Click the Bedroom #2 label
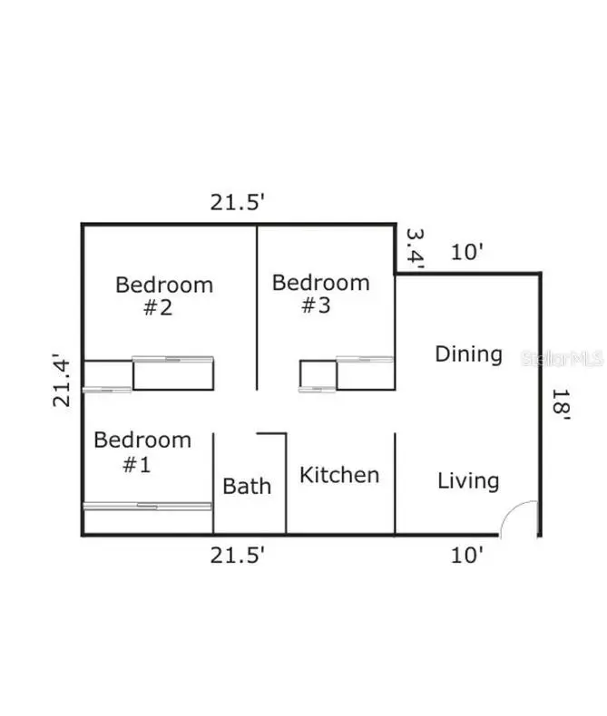click(x=164, y=295)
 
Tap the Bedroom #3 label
click(x=321, y=294)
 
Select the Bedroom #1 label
click(x=142, y=451)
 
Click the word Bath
click(x=247, y=486)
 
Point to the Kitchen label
click(x=339, y=475)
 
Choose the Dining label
click(x=468, y=354)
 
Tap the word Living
click(x=468, y=481)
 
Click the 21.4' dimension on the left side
click(x=62, y=380)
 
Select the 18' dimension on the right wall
click(x=561, y=404)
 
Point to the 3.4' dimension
click(x=416, y=248)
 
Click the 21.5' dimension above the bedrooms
click(x=237, y=202)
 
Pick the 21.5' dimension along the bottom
click(x=237, y=556)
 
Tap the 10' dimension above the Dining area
click(x=467, y=252)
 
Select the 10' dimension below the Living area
click(x=467, y=556)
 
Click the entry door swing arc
click(x=510, y=509)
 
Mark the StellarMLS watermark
click(x=563, y=359)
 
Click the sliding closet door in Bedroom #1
click(x=147, y=506)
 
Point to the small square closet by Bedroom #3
click(x=318, y=375)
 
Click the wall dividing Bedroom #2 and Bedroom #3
click(x=257, y=307)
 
